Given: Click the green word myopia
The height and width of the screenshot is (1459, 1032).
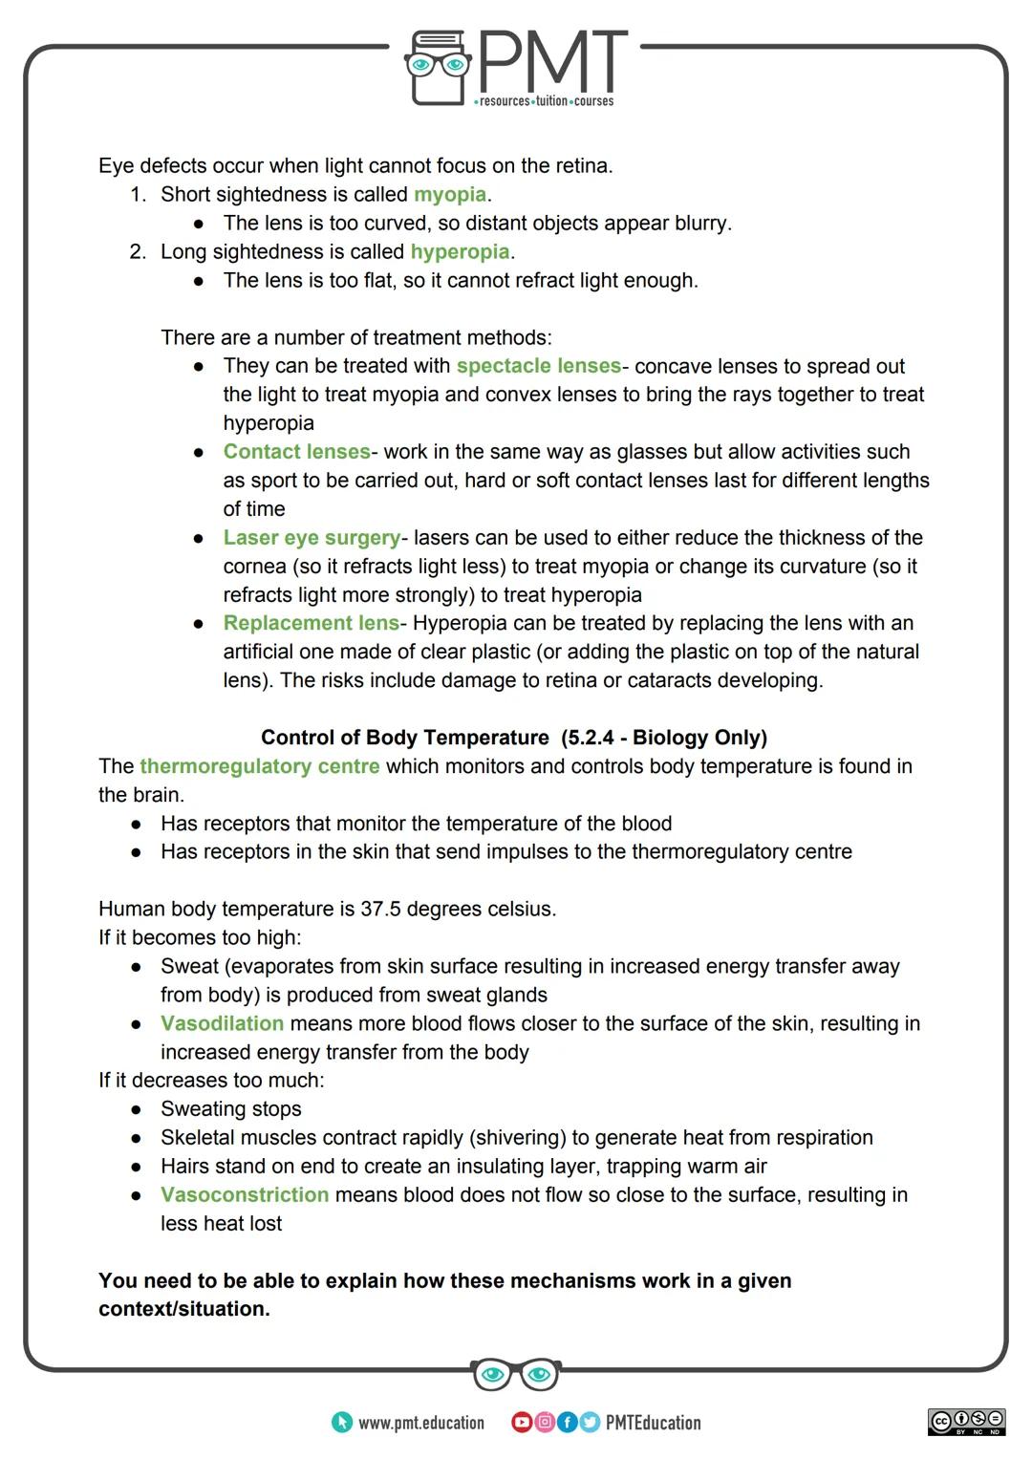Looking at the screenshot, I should pos(449,195).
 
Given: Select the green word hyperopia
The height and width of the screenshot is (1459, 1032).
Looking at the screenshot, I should pos(460,252).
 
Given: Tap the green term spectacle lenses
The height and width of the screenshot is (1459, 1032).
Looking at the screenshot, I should pos(538,367).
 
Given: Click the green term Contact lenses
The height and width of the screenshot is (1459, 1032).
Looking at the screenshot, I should pos(296,452).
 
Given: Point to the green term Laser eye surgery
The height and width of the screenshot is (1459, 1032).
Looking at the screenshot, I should pos(312,538).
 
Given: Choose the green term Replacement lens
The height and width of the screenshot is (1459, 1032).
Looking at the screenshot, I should pos(311,623).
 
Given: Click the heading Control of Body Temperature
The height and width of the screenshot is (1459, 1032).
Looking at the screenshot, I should pos(405,738).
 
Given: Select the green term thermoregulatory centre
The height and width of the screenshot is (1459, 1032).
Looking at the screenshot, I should pos(259,766).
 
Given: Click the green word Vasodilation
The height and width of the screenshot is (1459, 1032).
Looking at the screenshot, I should pos(222,1023).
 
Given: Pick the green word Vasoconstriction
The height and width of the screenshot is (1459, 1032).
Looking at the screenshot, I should pos(245,1195).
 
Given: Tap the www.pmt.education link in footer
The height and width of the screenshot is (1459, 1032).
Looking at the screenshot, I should pos(420,1423).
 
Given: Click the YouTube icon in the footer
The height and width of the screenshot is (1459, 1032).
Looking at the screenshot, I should pos(521,1423).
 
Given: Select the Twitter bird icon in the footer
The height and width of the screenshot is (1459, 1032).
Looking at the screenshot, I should pos(589,1423).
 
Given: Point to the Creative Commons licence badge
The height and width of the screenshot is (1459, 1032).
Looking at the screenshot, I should pos(966,1422).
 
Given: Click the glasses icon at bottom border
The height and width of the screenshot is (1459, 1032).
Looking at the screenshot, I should pos(516,1375).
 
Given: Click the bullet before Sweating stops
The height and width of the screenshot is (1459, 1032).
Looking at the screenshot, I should pos(138,1110).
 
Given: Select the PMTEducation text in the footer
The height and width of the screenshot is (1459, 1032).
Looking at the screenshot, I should pos(653,1423).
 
